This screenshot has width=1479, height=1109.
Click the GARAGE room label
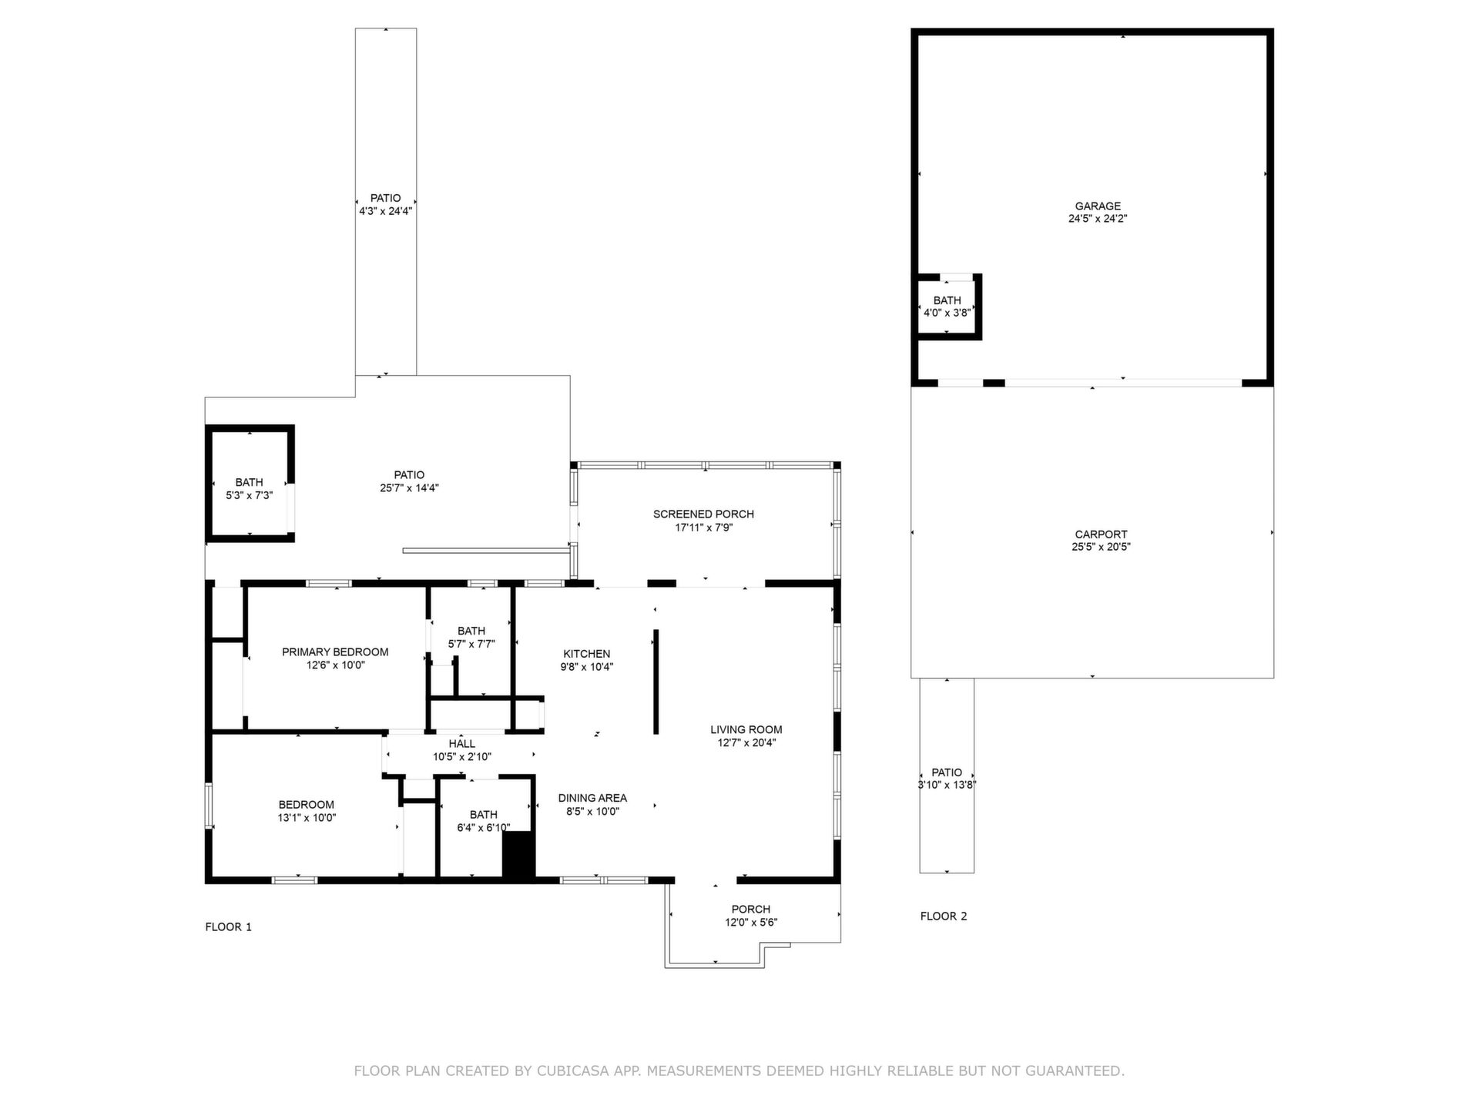point(1098,206)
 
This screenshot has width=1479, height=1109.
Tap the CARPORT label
point(1101,534)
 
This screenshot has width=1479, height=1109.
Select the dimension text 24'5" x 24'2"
point(1098,219)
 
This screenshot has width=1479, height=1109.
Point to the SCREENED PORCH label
point(703,514)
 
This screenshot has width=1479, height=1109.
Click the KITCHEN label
point(586,654)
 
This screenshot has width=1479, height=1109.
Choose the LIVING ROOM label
point(746,729)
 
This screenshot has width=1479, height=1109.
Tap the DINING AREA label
point(592,798)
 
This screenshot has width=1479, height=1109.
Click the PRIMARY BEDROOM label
point(335,652)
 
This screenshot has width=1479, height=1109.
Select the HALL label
point(461,743)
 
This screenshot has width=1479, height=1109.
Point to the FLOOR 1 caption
point(228,926)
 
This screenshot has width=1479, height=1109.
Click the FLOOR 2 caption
point(944,916)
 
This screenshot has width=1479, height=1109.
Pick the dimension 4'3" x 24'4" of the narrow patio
point(385,211)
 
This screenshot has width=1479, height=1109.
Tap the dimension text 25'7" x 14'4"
point(409,488)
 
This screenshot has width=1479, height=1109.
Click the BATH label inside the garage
point(947,300)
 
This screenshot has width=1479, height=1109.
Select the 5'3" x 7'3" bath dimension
point(249,496)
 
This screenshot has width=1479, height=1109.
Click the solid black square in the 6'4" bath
point(518,854)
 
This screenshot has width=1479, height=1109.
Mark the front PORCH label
point(751,909)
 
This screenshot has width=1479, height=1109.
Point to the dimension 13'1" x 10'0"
point(307,818)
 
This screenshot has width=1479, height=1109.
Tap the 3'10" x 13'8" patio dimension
point(947,786)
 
